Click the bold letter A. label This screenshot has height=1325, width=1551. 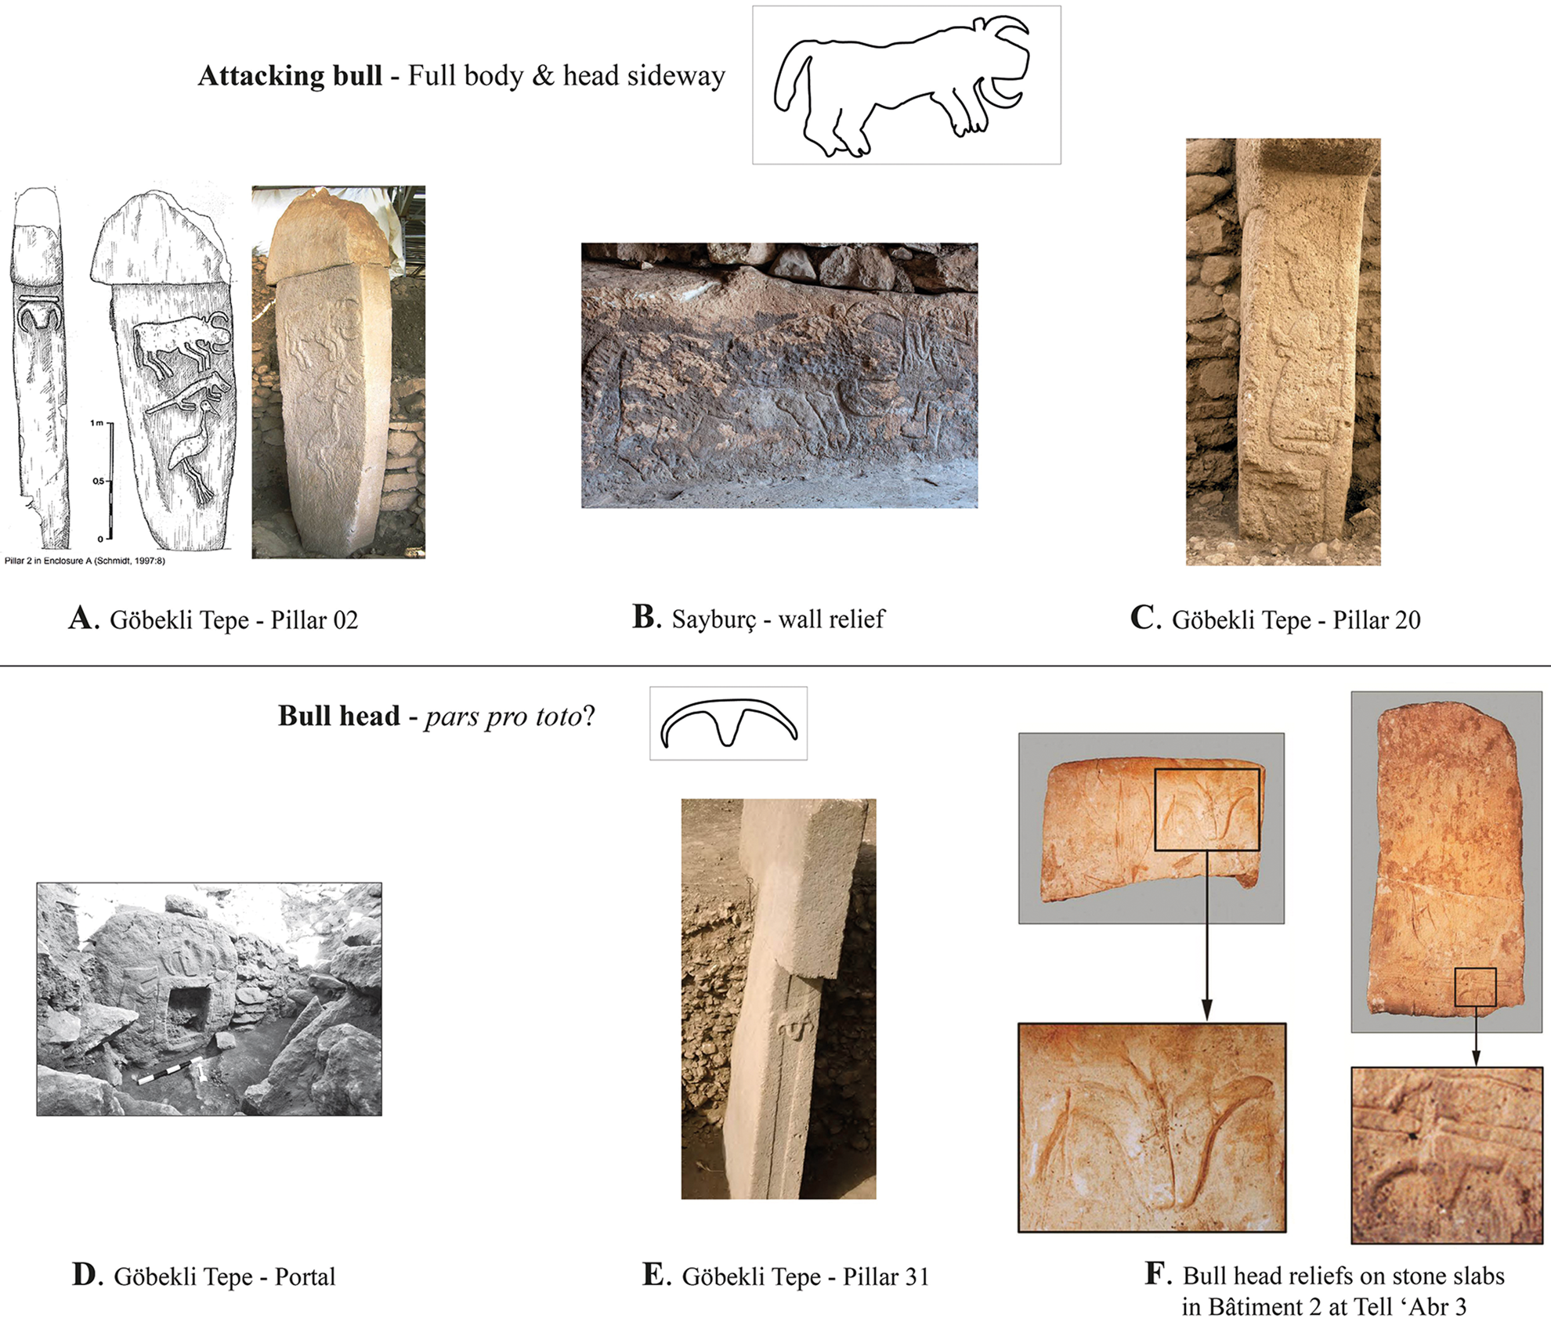pos(84,619)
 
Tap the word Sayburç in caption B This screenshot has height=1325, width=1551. pos(714,619)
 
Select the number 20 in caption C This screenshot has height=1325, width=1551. pos(1407,620)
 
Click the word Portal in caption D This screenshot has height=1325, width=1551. pos(305,1276)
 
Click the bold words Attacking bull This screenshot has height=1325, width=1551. pos(290,76)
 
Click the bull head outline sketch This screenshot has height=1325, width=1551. pos(728,723)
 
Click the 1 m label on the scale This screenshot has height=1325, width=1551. pos(97,423)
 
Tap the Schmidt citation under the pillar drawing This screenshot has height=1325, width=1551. pos(85,561)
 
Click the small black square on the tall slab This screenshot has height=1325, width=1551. pos(1475,987)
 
